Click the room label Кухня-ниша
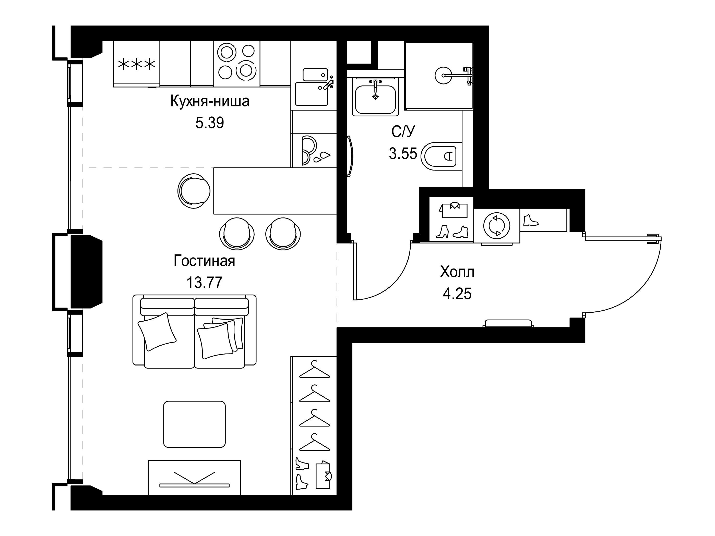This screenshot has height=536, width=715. [210, 101]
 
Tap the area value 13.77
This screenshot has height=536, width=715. [205, 283]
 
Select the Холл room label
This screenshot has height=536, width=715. [457, 272]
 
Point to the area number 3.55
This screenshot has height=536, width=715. [403, 153]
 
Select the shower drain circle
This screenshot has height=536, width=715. [443, 75]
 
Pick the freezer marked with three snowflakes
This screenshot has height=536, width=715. [136, 64]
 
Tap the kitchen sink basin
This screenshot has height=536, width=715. [311, 94]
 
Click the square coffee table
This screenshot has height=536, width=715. [194, 424]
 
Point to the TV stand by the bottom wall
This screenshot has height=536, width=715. [194, 477]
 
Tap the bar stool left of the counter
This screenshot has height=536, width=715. [194, 191]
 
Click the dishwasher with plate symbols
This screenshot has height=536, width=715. [314, 151]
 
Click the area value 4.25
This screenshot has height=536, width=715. [457, 294]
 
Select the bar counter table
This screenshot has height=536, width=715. [275, 191]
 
